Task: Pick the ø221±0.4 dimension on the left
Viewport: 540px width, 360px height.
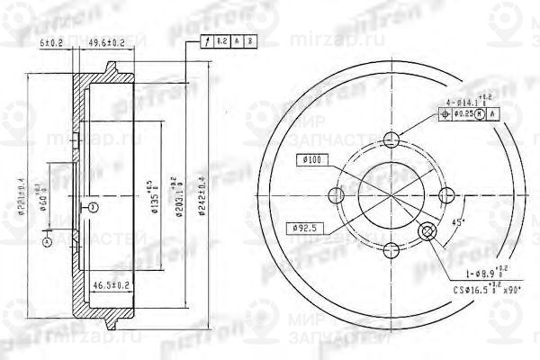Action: [x=30, y=190]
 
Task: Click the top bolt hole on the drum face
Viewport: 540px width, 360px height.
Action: [x=391, y=139]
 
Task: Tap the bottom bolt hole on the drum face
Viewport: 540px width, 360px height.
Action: [x=391, y=253]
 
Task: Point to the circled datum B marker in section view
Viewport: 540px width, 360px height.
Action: [x=93, y=208]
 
